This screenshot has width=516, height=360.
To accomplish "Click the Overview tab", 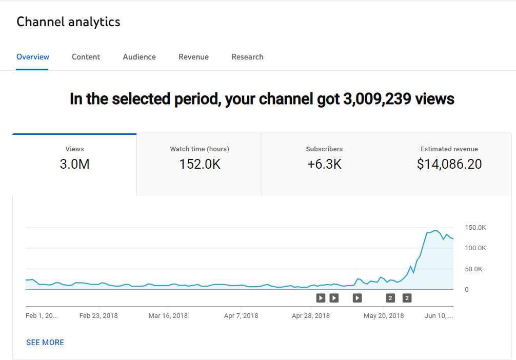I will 33,57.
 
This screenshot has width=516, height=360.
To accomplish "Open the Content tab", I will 86,57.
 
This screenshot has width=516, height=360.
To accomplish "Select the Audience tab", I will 139,57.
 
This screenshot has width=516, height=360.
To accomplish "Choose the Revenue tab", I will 193,57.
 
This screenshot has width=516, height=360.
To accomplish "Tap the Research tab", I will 247,57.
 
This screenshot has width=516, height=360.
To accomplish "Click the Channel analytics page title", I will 68,22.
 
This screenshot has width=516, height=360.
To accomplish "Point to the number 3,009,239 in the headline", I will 377,98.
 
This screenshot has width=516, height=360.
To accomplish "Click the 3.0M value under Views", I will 74,164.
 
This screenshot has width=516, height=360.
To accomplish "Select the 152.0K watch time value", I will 200,164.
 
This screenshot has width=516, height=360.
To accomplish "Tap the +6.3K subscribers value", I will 324,164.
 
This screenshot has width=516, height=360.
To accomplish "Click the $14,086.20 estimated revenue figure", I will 449,164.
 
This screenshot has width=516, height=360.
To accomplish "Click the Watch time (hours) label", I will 200,149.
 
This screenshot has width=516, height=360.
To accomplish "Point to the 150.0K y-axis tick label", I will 475,227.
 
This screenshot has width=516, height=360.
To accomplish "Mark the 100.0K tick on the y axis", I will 475,248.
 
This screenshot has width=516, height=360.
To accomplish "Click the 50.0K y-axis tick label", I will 473,269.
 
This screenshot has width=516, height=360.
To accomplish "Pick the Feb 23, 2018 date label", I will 98,316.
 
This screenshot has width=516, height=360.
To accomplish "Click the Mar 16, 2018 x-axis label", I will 168,316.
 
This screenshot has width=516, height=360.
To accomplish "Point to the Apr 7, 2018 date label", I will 241,316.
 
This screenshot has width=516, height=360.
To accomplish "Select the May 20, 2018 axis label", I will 384,316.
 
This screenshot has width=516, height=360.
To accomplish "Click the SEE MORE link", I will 45,343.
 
